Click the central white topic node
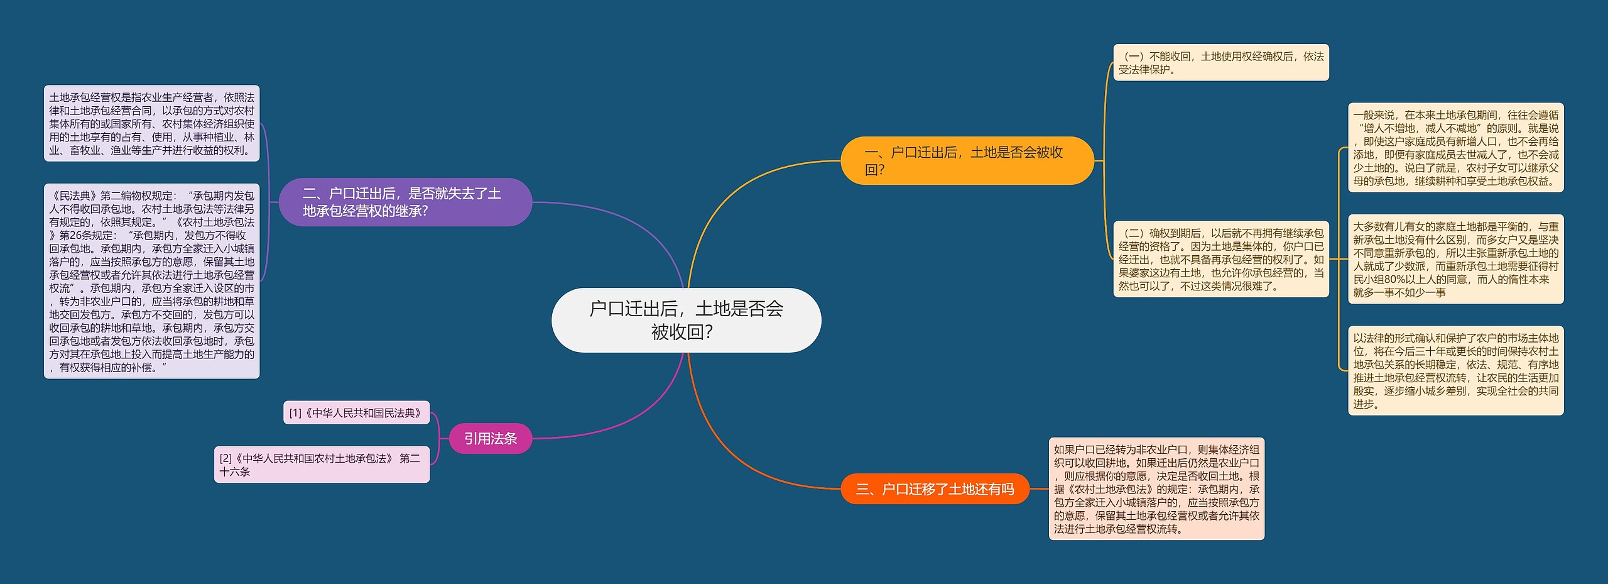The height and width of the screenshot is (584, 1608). pos(686,320)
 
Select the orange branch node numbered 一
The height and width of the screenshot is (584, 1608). pos(967,161)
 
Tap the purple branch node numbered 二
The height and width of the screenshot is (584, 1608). pos(405,202)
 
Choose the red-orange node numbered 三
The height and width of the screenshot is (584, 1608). pos(935,489)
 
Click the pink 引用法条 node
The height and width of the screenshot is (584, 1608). pos(490,438)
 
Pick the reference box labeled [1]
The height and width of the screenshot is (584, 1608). pos(356,413)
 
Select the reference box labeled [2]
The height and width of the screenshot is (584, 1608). pos(322,465)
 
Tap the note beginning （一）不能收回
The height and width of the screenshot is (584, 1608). pos(1220,63)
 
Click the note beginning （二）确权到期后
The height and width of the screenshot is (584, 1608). pos(1220,259)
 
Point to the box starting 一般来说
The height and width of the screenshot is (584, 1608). pos(1455,148)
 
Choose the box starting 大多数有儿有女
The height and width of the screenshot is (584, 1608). pos(1455,259)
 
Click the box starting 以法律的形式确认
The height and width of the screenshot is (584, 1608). pos(1455,370)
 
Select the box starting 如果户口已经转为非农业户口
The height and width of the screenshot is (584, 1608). pos(1156,489)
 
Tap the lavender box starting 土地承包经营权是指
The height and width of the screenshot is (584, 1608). pos(151,124)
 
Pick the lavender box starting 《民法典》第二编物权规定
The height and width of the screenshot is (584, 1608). pos(151,281)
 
